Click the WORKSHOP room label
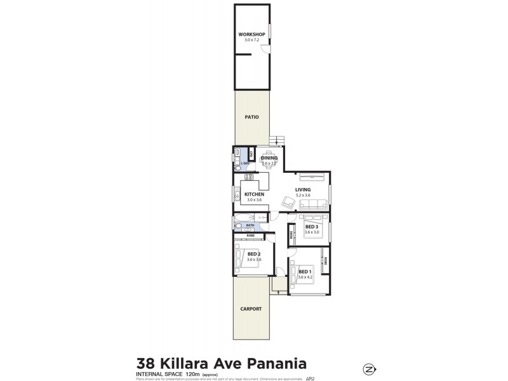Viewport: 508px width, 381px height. click(x=251, y=34)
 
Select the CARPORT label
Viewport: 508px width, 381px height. click(x=251, y=309)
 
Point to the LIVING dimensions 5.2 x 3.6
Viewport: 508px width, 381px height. click(x=302, y=195)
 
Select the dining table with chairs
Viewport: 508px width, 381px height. click(x=269, y=159)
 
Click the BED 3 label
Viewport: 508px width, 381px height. click(x=311, y=227)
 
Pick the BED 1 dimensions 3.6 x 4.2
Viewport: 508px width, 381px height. click(x=306, y=277)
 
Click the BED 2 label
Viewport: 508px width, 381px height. click(x=254, y=254)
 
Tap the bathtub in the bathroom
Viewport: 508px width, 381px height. click(x=242, y=223)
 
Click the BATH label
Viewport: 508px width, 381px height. click(x=250, y=225)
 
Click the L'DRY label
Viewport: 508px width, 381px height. click(x=245, y=164)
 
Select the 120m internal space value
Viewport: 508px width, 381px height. click(x=193, y=374)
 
